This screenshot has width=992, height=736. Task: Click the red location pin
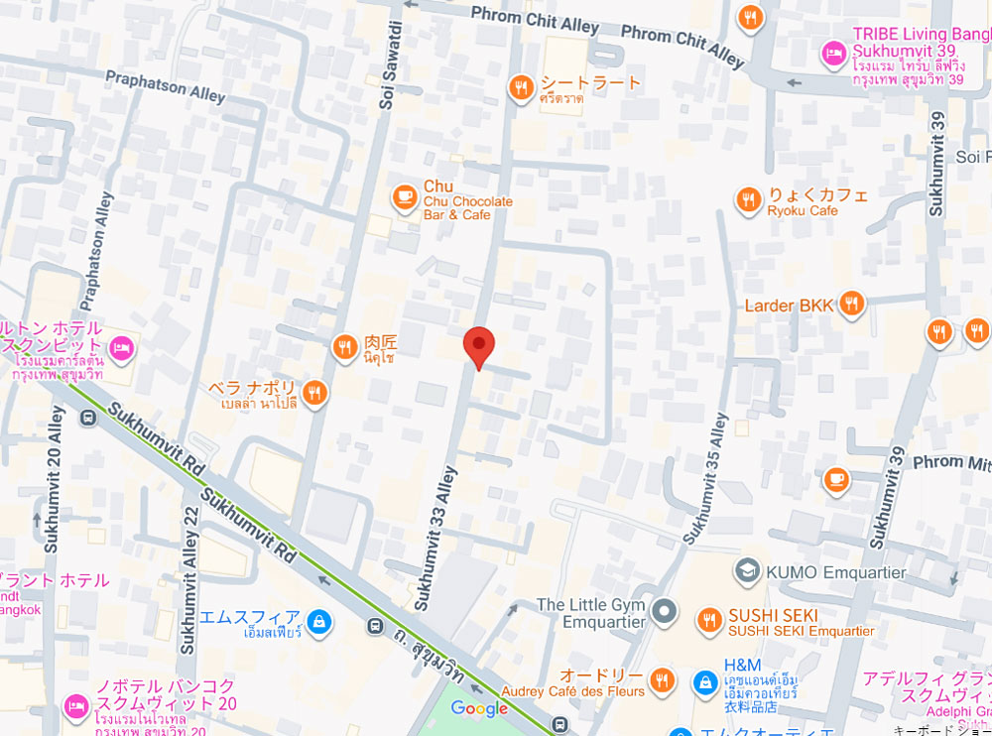479,345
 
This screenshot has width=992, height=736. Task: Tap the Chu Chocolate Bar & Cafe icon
404,197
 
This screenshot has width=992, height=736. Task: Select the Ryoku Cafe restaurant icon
748,201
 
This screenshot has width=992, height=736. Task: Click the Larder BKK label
790,306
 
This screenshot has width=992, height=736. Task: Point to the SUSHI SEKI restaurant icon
708,620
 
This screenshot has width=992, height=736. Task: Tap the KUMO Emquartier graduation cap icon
746,571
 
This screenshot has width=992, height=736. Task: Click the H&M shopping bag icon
704,681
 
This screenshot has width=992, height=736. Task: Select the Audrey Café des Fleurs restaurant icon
664,679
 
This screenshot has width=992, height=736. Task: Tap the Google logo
479,708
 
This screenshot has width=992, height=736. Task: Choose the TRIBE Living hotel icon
833,52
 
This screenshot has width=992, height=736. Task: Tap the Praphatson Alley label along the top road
165,85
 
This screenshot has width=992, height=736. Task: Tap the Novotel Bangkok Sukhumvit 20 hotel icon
76,706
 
